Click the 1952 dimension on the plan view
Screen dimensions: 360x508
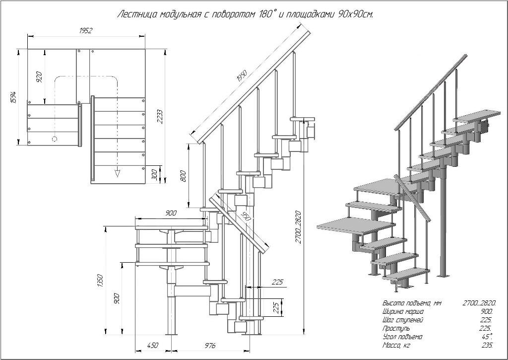[x=86, y=31]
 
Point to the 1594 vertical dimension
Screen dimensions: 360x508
[x=14, y=98]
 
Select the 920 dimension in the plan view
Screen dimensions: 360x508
[x=39, y=76]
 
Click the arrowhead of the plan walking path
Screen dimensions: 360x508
[x=118, y=173]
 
